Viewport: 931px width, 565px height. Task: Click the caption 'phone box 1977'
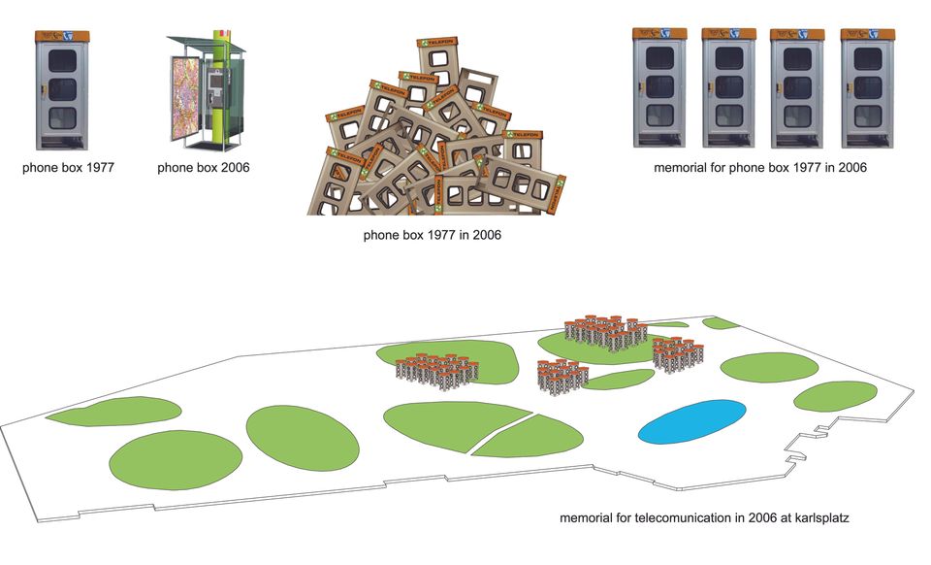point(69,168)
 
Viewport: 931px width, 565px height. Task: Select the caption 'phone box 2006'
point(204,168)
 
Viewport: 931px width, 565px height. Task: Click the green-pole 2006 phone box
point(206,92)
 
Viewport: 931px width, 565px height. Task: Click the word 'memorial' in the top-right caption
point(681,168)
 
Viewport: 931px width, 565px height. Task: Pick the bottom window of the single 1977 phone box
point(63,119)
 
